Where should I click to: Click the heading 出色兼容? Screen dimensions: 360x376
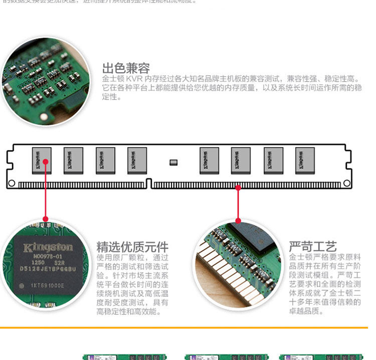click(x=126, y=68)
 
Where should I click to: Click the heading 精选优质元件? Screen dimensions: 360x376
click(x=132, y=247)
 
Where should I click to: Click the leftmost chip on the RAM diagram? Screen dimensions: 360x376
click(x=42, y=160)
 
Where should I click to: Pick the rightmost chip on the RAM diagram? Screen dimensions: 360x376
click(x=305, y=160)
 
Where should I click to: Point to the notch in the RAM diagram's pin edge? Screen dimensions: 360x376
click(x=148, y=183)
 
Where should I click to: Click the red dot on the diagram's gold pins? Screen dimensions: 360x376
click(x=238, y=187)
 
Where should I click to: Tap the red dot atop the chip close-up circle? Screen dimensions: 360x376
click(x=45, y=219)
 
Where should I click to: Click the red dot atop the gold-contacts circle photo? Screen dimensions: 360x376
click(x=238, y=220)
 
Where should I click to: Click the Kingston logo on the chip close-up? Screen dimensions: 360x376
click(x=48, y=248)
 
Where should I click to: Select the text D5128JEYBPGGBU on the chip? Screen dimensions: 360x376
click(x=48, y=269)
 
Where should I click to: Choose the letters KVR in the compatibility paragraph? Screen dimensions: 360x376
click(x=137, y=79)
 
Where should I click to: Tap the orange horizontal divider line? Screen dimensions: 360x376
click(x=188, y=327)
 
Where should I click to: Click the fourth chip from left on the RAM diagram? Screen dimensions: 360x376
click(x=137, y=160)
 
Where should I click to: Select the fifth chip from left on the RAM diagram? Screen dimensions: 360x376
click(x=209, y=160)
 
